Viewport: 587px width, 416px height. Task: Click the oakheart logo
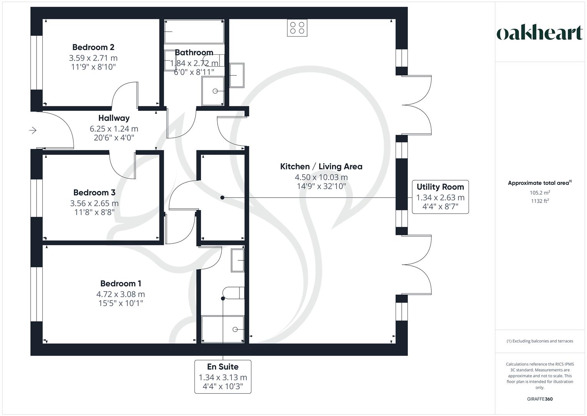[540, 33]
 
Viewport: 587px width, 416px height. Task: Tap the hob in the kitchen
[297, 28]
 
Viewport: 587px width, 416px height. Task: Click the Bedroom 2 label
[93, 47]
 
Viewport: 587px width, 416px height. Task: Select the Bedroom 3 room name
[94, 193]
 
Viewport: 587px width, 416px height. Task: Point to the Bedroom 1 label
[121, 284]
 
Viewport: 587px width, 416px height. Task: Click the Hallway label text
[114, 118]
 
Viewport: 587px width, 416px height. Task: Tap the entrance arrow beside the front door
[33, 131]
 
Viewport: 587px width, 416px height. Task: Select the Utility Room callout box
[440, 197]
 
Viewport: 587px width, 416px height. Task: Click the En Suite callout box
[223, 376]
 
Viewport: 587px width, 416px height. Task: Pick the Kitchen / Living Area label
[321, 167]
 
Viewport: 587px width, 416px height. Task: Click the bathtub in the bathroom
[194, 32]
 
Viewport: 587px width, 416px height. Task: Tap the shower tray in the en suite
[223, 329]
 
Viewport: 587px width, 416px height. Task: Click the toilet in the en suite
[234, 293]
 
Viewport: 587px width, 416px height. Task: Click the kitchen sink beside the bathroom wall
[236, 75]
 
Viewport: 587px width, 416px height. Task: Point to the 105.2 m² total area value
[540, 193]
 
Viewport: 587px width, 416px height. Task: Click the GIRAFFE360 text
[540, 399]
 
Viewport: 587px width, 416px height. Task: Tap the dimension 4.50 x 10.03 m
[321, 178]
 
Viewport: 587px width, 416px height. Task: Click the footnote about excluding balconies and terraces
[540, 341]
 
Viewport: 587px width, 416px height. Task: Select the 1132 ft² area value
[540, 201]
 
